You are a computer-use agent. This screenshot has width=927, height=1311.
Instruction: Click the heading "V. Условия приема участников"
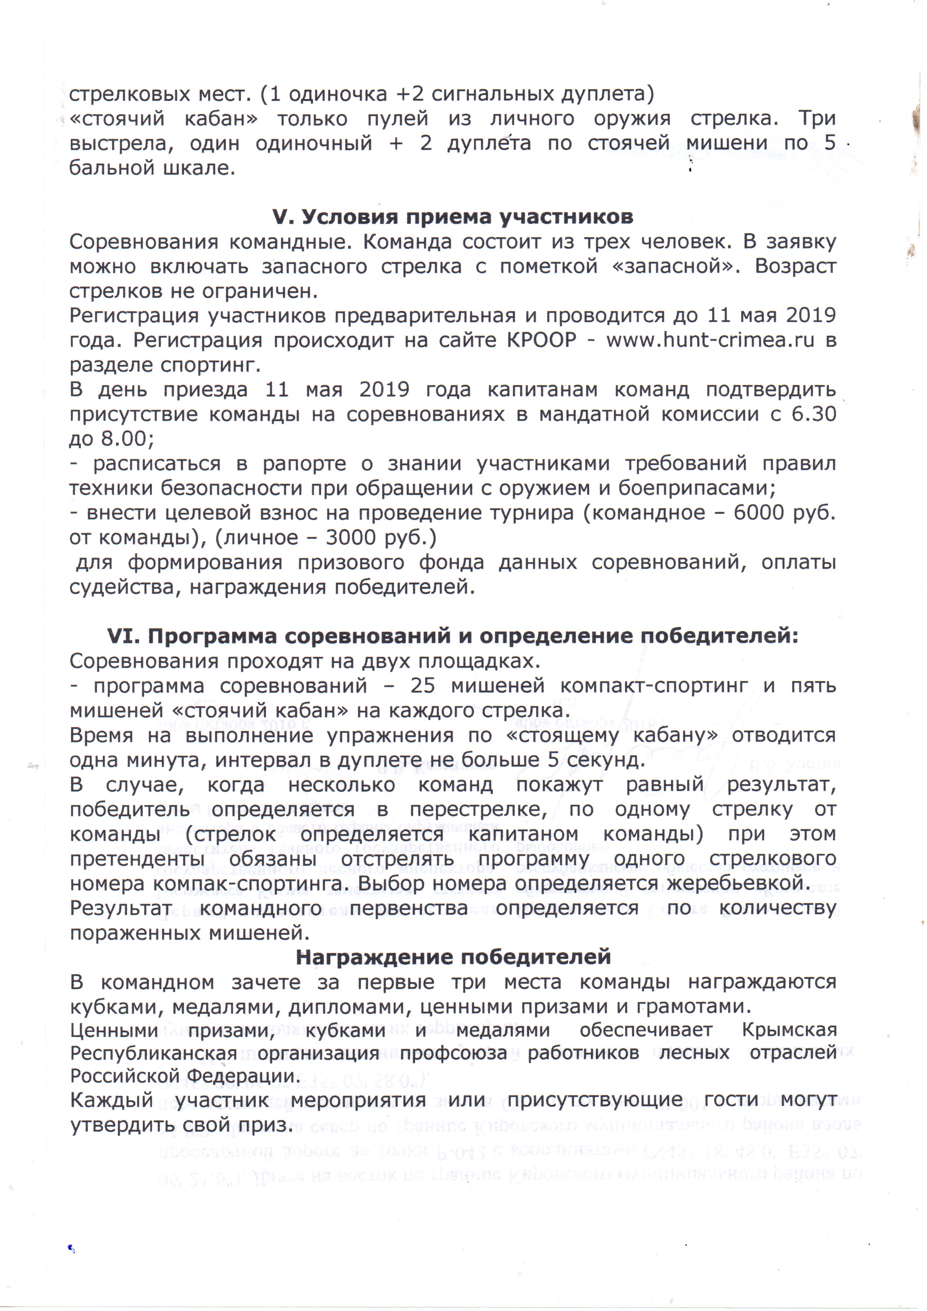(453, 217)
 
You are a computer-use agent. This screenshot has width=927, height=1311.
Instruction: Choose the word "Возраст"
(795, 267)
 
